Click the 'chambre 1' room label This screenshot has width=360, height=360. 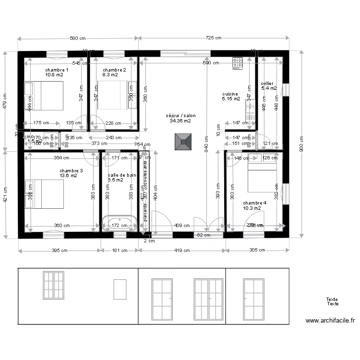(57, 70)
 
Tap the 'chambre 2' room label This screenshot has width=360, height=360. (114, 70)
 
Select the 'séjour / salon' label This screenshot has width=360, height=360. (180, 116)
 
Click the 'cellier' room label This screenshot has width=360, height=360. (267, 84)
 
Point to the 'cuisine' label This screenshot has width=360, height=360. (230, 94)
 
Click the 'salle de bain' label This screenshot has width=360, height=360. (122, 175)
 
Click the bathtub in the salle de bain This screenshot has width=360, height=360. (119, 224)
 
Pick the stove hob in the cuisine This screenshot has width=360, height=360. (238, 63)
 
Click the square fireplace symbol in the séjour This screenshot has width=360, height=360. (183, 141)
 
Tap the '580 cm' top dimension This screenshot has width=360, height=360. (78, 38)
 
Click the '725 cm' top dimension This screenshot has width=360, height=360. (213, 38)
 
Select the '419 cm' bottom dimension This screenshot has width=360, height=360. (182, 250)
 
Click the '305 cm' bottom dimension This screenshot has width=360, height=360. (258, 250)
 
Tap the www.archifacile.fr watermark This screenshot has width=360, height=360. (330, 321)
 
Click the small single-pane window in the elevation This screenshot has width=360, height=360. (120, 290)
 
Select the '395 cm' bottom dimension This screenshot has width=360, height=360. (60, 250)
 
